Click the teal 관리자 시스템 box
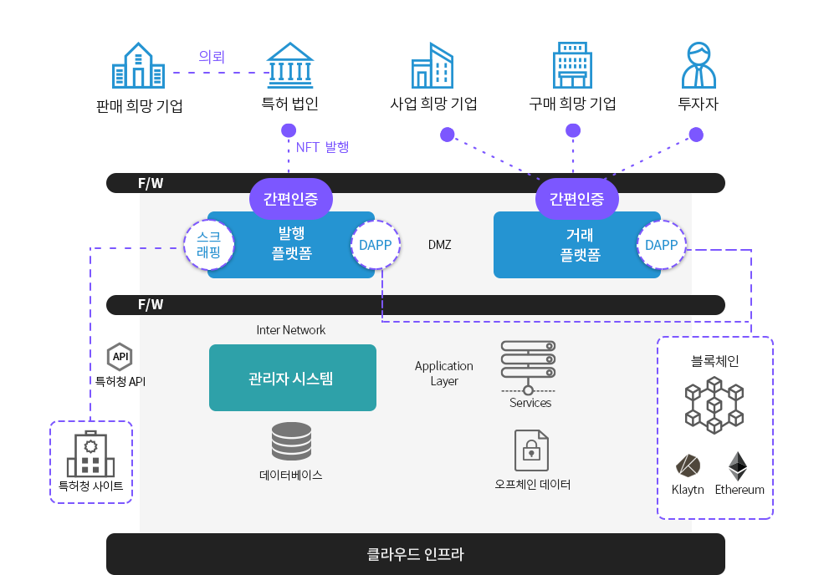coord(292,378)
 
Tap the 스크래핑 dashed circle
coord(208,244)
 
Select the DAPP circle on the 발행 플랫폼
coord(375,245)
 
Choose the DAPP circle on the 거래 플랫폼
coord(661,245)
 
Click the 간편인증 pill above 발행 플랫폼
coord(290,199)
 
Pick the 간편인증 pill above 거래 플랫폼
coord(576,199)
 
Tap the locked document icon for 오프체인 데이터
coord(531,450)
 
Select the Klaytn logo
coord(688,466)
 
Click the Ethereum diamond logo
coord(737,466)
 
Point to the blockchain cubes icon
coord(714,405)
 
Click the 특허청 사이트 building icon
coord(90,455)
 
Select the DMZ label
coord(439,245)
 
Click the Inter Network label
coord(290,330)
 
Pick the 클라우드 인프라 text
coord(415,553)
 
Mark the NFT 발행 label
coord(322,147)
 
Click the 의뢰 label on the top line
coord(212,57)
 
